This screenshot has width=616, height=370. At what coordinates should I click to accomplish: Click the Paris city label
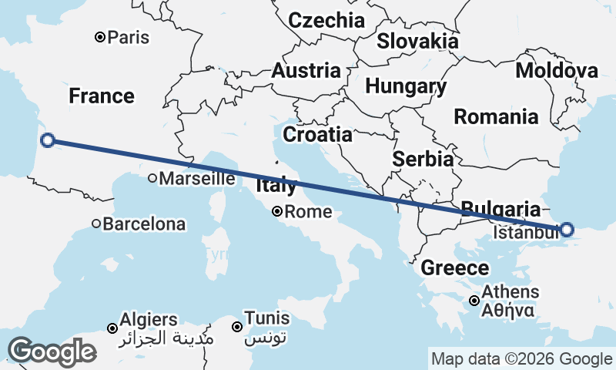[x=129, y=37]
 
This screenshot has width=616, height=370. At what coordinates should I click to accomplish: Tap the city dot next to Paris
[x=100, y=37]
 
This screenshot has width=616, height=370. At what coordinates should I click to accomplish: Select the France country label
[x=102, y=96]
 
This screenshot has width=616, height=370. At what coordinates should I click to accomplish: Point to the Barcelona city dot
[x=96, y=224]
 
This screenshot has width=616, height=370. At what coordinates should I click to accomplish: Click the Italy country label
[x=276, y=186]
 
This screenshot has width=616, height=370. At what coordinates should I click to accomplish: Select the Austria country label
[x=306, y=71]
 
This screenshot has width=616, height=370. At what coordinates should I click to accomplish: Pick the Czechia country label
[x=326, y=20]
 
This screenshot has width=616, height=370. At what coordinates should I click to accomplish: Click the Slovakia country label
[x=417, y=41]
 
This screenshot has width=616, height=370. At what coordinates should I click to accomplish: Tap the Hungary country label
[x=406, y=86]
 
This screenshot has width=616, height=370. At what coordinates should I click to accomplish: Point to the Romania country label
[x=496, y=117]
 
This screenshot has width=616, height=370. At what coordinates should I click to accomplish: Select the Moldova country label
[x=557, y=71]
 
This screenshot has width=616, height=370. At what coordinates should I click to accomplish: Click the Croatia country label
[x=317, y=135]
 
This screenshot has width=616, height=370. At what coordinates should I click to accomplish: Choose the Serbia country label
[x=422, y=160]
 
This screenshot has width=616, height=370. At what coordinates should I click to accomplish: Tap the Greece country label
[x=454, y=268]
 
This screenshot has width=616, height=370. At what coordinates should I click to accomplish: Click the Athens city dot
[x=475, y=301]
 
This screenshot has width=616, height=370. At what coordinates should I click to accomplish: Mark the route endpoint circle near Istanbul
[x=567, y=229]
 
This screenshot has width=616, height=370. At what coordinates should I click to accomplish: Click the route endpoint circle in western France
[x=48, y=140]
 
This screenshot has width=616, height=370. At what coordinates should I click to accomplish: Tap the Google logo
[x=52, y=351]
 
